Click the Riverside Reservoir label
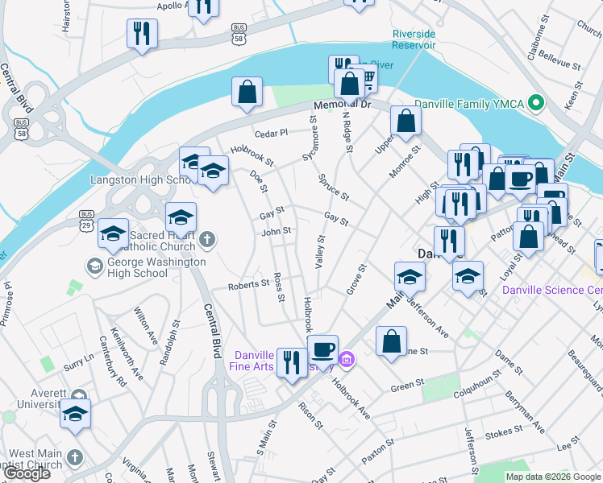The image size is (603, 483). click(x=414, y=39)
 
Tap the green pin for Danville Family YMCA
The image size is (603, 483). click(x=535, y=104)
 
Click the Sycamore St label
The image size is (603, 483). click(x=309, y=138)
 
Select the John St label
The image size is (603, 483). click(x=276, y=232)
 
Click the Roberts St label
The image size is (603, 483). click(x=247, y=284)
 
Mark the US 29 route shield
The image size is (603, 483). click(x=86, y=217)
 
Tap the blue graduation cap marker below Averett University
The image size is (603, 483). click(x=75, y=415)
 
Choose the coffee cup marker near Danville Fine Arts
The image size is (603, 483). click(x=322, y=349)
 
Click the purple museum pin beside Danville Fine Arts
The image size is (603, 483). click(x=347, y=359)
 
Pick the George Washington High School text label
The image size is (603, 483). click(x=148, y=267)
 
